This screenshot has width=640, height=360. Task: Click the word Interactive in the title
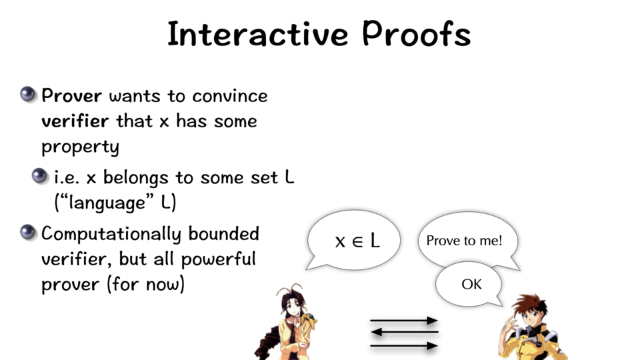pyautogui.click(x=258, y=34)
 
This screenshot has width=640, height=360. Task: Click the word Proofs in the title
pyautogui.click(x=416, y=33)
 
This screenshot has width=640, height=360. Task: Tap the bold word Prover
pyautogui.click(x=72, y=96)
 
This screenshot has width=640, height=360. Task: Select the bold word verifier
pyautogui.click(x=75, y=121)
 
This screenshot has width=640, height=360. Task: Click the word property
pyautogui.click(x=81, y=147)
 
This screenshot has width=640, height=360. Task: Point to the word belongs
pyautogui.click(x=135, y=177)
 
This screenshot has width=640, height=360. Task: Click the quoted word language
pyautogui.click(x=107, y=203)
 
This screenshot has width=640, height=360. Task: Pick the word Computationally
pyautogui.click(x=111, y=234)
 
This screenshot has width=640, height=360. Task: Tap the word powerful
pyautogui.click(x=219, y=259)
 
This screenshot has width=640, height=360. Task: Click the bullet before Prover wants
pyautogui.click(x=27, y=94)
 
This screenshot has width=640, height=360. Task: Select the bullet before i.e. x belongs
pyautogui.click(x=39, y=175)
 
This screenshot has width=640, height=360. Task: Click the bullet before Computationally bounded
pyautogui.click(x=27, y=232)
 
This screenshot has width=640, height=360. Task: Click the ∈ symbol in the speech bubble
pyautogui.click(x=357, y=241)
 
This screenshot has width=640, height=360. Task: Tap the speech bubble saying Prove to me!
pyautogui.click(x=468, y=240)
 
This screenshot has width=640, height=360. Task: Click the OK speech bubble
pyautogui.click(x=469, y=284)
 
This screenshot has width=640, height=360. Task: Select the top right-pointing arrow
pyautogui.click(x=404, y=321)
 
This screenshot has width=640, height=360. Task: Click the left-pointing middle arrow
pyautogui.click(x=404, y=332)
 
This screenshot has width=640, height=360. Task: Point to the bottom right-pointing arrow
pyautogui.click(x=404, y=346)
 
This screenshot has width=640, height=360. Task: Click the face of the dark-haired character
pyautogui.click(x=293, y=308)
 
